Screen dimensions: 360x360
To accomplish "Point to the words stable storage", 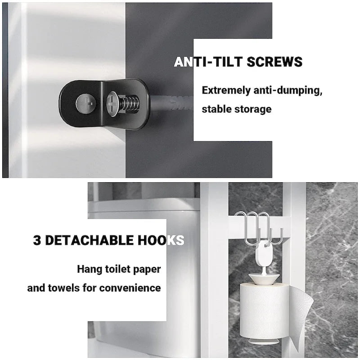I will pos(236,109).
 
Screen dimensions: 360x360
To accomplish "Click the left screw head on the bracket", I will pos(85,103).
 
